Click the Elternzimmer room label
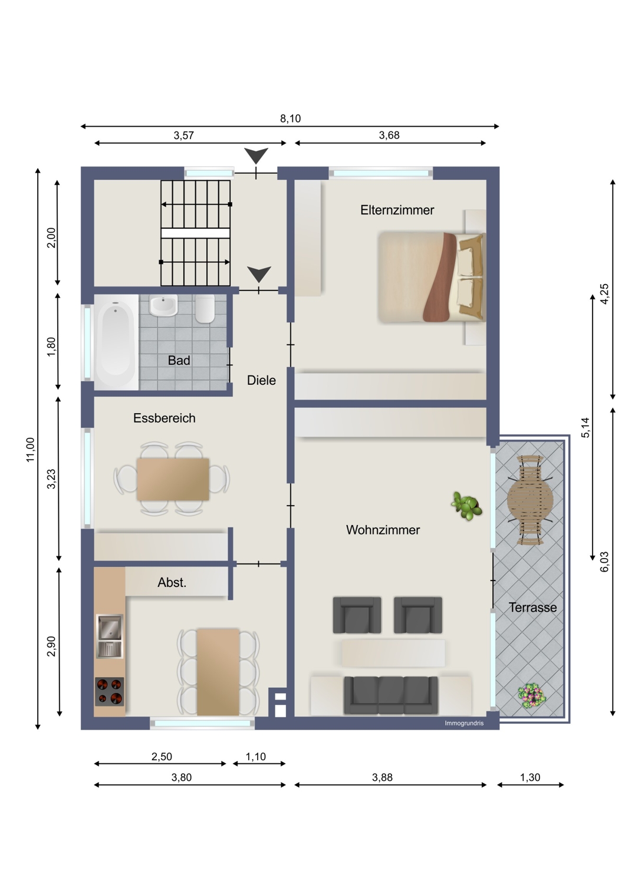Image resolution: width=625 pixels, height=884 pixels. pos(397,210)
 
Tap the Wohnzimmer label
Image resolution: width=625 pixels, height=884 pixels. pos(383,530)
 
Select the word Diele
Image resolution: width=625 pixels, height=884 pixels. pos(261,380)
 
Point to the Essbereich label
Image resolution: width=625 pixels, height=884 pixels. pos(165,418)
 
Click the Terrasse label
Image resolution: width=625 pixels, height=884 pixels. pos(532,608)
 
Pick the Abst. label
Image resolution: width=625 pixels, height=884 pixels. pos(172,582)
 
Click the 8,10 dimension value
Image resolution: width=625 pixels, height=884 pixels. pos(290,118)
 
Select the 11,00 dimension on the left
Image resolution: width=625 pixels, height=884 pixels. pos(31,450)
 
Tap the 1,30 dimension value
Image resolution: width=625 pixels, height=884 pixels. pos(530,777)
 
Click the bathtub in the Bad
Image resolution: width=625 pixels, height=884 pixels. pos(116,342)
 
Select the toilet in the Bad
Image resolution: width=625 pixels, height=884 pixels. pos(205,308)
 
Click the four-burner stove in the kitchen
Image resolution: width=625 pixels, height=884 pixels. pos(109,691)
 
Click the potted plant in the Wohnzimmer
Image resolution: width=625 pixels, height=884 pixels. pos(466,506)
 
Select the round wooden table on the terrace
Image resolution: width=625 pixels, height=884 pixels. pos(530,500)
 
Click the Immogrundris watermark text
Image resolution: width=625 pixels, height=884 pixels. pos(464,723)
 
